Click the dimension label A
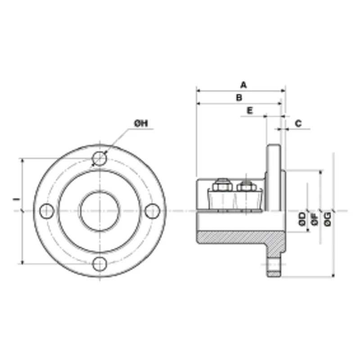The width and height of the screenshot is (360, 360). pos(243,85)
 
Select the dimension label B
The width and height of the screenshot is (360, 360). pos(239,97)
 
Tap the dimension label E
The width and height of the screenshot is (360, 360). pos(250,110)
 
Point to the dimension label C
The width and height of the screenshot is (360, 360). pos(298,123)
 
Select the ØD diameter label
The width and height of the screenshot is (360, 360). pos(302,219)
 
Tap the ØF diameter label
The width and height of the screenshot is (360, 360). pos(315,219)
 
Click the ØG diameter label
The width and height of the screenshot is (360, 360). pos(328,219)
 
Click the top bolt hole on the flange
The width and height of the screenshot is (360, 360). pos(99,158)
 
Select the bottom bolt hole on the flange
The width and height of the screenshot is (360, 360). pos(99,264)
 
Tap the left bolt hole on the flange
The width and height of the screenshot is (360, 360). pos(47,211)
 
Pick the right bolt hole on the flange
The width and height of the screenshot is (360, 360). pos(153,211)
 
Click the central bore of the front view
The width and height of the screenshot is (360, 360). pos(99,211)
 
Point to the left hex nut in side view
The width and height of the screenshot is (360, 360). pos(221,185)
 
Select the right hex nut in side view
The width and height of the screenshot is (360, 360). pos(245,185)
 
